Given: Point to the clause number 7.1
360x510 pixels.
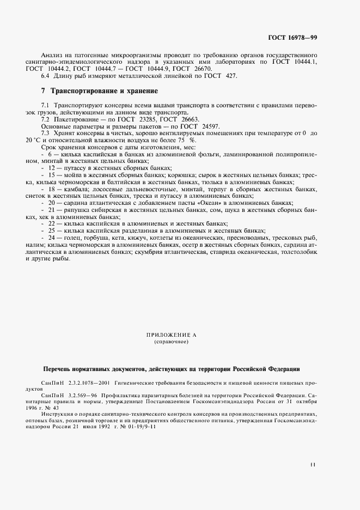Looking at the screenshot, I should point(45,104).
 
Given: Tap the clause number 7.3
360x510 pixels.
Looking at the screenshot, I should point(45,132).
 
